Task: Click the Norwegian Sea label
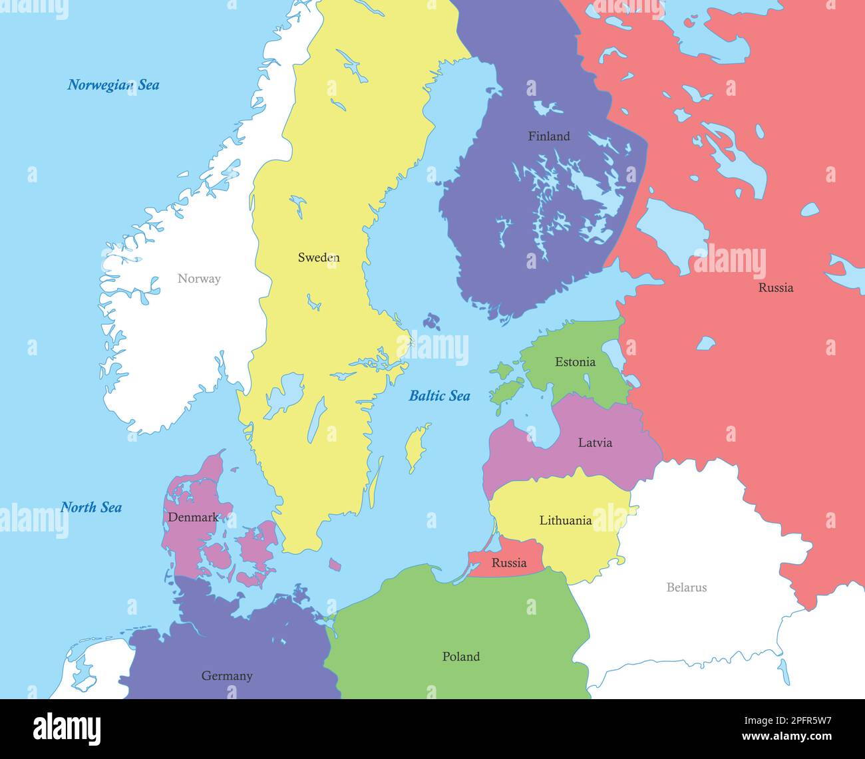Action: [113, 85]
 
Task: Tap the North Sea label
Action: [91, 508]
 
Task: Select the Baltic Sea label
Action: [439, 396]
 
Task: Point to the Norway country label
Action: [199, 279]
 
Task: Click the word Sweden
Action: [319, 257]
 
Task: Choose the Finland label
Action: [549, 136]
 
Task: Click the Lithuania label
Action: [565, 521]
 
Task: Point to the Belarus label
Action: [687, 587]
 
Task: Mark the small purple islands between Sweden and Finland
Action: [432, 322]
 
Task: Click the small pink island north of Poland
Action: [335, 565]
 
